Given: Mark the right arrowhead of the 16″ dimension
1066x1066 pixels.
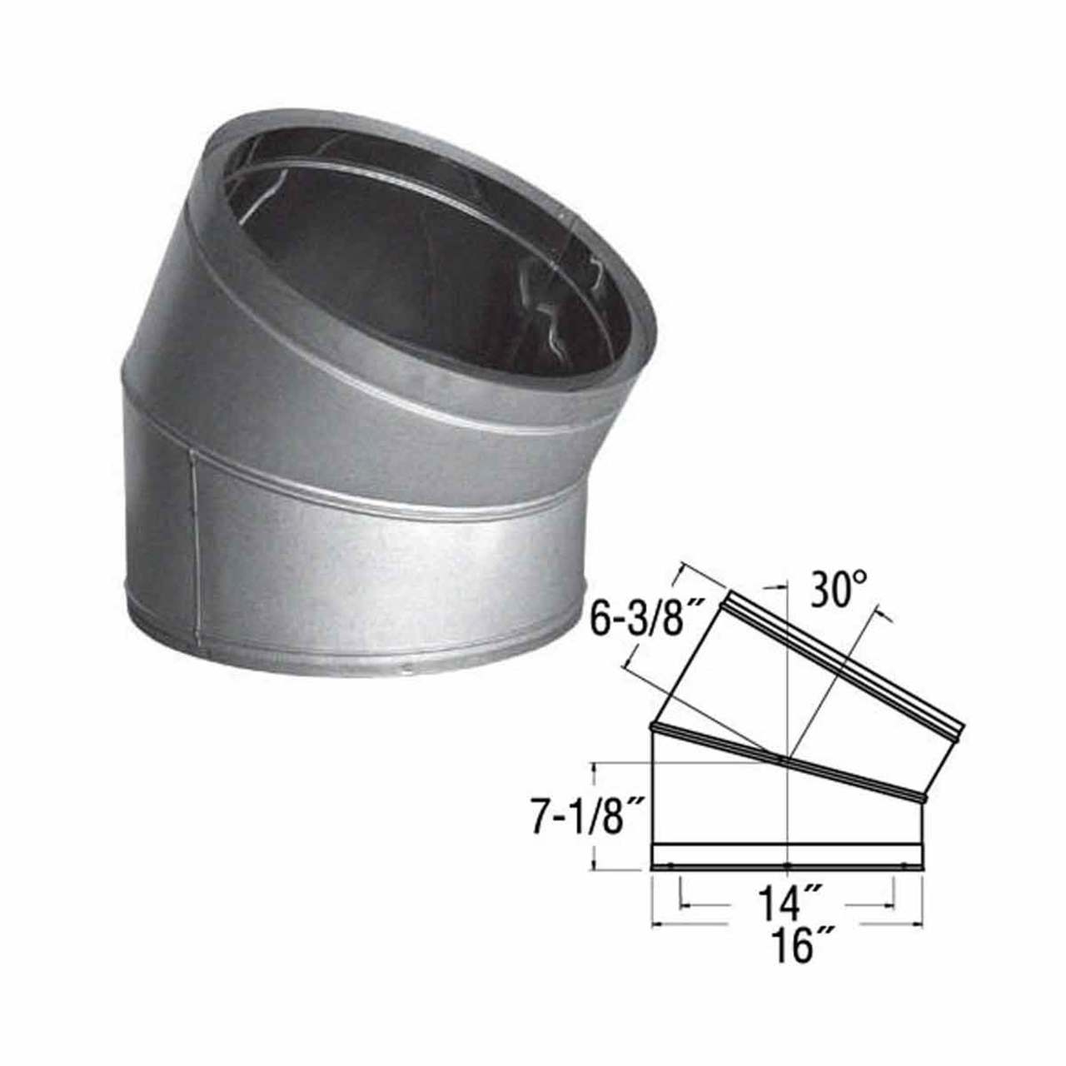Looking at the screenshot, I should tap(919, 923).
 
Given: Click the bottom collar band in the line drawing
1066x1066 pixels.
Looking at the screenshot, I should tap(787, 857).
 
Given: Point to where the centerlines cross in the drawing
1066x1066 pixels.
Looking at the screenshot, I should tap(787, 759).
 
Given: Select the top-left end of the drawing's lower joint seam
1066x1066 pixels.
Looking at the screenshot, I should tap(653, 727).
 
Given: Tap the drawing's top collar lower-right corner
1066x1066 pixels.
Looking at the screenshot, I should tap(959, 738).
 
